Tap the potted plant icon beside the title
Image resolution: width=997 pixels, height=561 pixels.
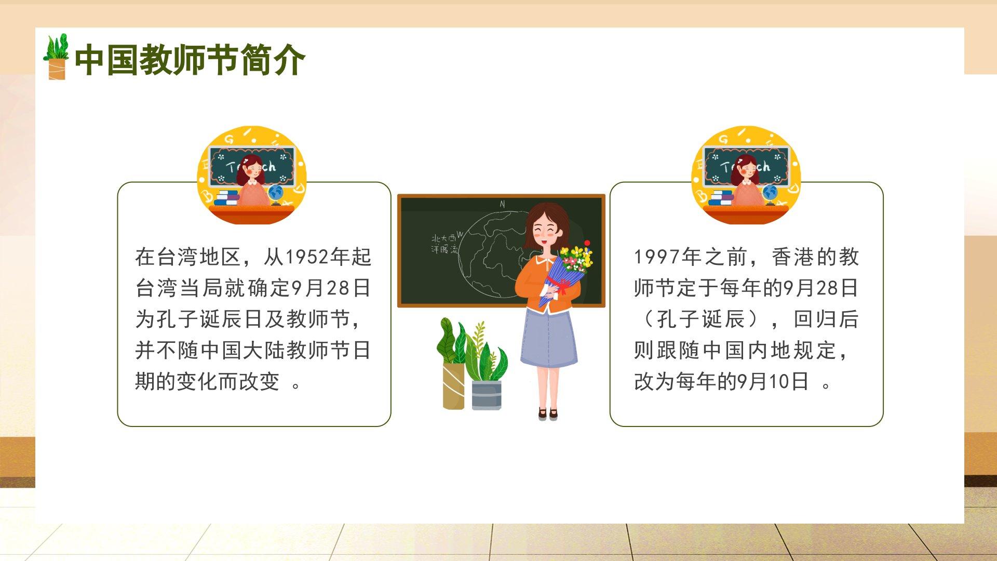click(x=56, y=57)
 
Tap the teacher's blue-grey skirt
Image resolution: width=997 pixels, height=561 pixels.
click(x=548, y=338)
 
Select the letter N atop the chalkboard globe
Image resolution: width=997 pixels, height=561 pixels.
click(x=502, y=204)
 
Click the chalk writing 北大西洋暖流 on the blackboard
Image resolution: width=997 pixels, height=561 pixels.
click(x=444, y=244)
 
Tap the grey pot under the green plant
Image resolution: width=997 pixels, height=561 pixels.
click(x=487, y=395)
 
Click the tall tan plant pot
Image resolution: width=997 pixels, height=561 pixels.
click(x=453, y=386)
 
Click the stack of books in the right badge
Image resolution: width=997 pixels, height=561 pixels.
click(x=722, y=197)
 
